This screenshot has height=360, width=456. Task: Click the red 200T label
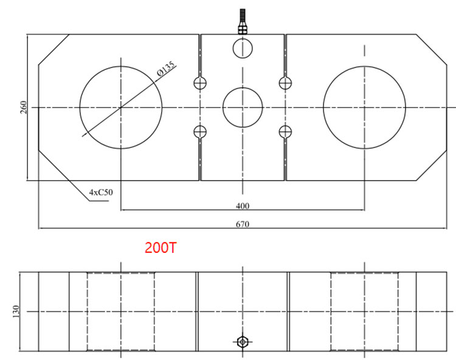pyautogui.click(x=161, y=247)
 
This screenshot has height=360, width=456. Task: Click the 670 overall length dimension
pyautogui.click(x=243, y=224)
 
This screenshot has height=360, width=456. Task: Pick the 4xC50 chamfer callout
pyautogui.click(x=101, y=192)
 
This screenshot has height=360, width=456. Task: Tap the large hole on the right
pyautogui.click(x=365, y=107)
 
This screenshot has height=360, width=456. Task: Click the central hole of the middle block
pyautogui.click(x=243, y=107)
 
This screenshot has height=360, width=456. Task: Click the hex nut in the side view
pyautogui.click(x=243, y=342)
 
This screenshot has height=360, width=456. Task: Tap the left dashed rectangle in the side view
pyautogui.click(x=121, y=311)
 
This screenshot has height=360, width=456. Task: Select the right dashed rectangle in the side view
pyautogui.click(x=365, y=311)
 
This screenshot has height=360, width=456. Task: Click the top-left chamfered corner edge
pyautogui.click(x=54, y=49)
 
